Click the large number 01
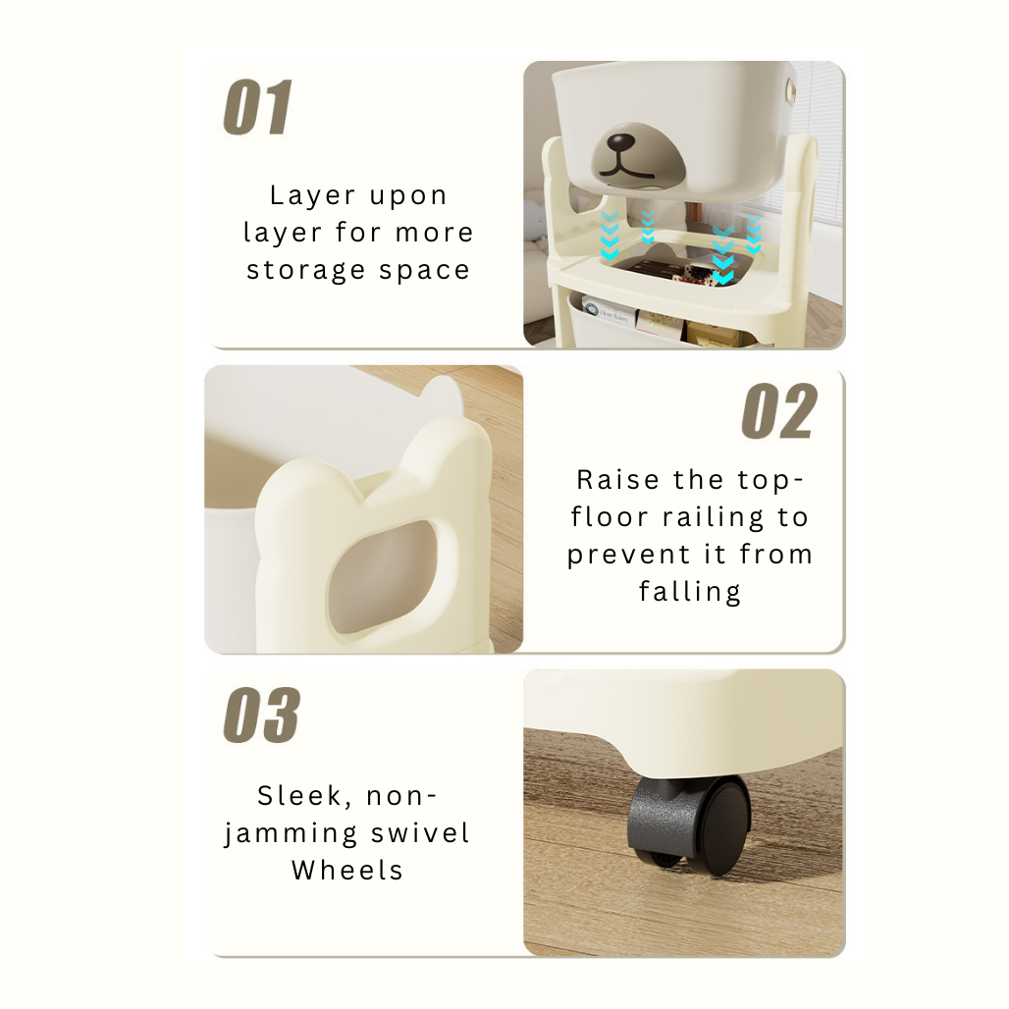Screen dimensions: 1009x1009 [x=257, y=108]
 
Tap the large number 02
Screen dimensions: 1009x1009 [x=779, y=412]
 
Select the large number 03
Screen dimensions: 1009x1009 [x=261, y=717]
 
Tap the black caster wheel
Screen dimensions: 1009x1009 [x=690, y=823]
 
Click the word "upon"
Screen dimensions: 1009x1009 [x=408, y=196]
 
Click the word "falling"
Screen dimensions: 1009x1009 [x=689, y=592]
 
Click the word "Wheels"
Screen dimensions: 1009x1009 [x=346, y=870]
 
